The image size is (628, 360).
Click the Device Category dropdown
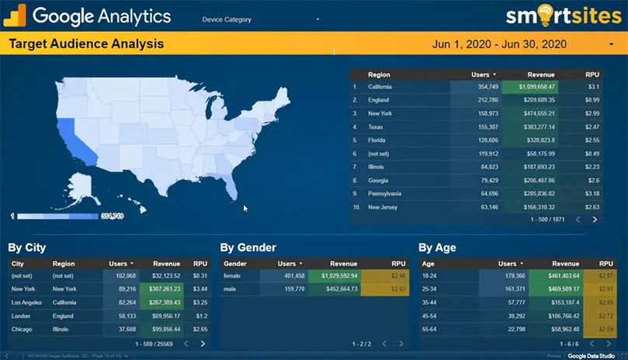[260, 19]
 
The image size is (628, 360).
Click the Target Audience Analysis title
[86, 44]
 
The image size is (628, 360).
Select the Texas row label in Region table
[376, 126]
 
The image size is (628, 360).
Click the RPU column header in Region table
[592, 74]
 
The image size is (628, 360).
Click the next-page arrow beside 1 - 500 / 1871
[595, 220]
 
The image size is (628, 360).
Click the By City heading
[27, 247]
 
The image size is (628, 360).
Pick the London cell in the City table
[21, 316]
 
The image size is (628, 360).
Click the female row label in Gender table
[232, 275]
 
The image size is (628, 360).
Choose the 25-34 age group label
[428, 289]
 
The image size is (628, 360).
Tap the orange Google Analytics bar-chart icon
[16, 16]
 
